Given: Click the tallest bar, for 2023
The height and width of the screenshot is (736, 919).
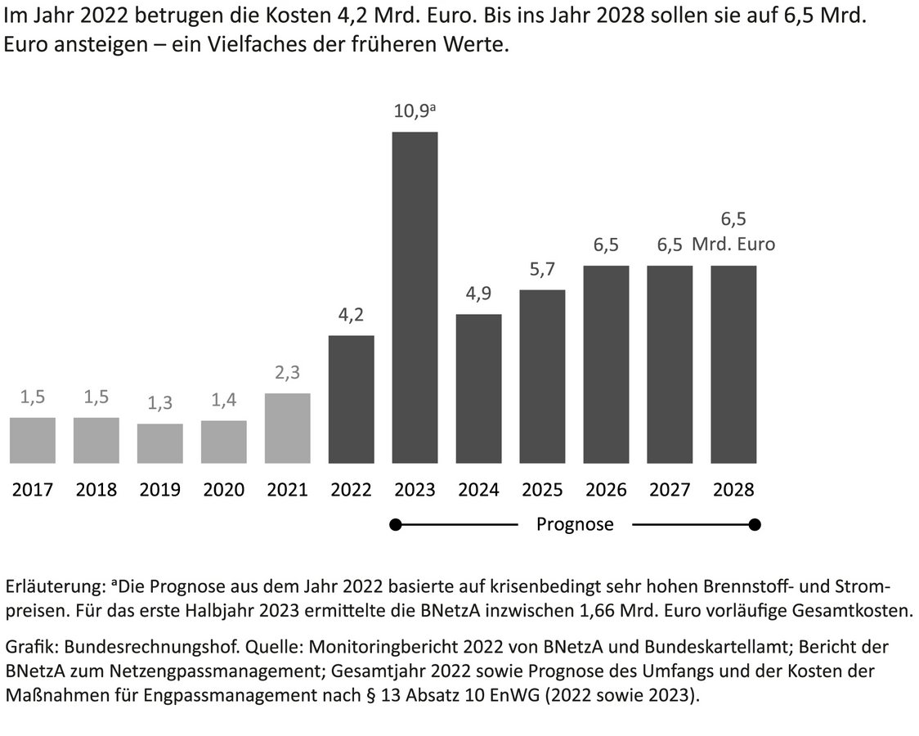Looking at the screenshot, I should pos(415,298).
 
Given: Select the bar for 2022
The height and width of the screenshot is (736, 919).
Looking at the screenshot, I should pos(351,399).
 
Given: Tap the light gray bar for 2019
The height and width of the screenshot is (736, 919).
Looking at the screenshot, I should pos(159,443).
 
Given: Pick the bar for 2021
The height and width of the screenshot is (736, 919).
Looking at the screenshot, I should pos(287,429).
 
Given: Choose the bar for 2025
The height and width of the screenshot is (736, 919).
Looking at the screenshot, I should pos(542,376).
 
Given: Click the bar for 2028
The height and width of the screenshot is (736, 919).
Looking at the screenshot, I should pos(733,365).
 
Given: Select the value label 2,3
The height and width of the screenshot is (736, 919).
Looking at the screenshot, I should pos(287,374).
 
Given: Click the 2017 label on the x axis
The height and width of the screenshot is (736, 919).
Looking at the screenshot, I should pos(33,490).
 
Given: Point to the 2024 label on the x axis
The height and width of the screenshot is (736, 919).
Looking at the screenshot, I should pos(478,490).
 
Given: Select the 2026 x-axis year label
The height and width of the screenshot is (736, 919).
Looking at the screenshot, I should pos(606,490).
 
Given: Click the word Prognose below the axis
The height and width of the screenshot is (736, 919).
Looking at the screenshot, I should pos(575,524).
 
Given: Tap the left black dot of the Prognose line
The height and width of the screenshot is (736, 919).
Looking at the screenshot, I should pos(397,524).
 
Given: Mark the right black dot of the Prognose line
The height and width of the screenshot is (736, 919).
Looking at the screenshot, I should pos(755,524).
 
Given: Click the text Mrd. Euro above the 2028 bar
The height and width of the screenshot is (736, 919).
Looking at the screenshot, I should pos(733,244).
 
